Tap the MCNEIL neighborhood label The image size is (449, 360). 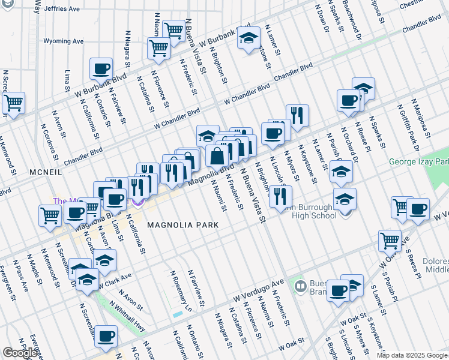[44, 172]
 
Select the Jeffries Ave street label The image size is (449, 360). [62, 10]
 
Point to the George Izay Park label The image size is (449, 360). [418, 162]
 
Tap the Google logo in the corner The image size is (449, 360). [20, 353]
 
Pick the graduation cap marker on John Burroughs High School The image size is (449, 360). [345, 199]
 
